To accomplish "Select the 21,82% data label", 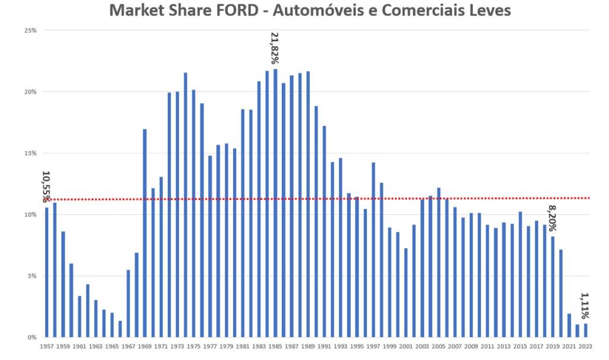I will (275, 48).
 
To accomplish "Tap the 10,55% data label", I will (46, 186).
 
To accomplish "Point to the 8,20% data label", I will (552, 218).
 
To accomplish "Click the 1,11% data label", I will (585, 306).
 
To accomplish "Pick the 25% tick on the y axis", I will (30, 30).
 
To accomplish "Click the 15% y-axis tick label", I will (30, 153).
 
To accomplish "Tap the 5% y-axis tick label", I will (32, 276).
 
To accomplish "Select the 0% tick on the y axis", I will (32, 337).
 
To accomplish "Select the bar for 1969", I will (145, 233).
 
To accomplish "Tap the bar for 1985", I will (275, 203).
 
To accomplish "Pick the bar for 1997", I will (373, 249).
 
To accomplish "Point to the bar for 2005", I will (439, 262).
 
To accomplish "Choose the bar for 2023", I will (585, 330).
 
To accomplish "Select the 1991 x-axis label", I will (325, 346).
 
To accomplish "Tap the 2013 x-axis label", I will (504, 346).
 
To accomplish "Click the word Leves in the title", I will (490, 11).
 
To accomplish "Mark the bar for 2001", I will (406, 292).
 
